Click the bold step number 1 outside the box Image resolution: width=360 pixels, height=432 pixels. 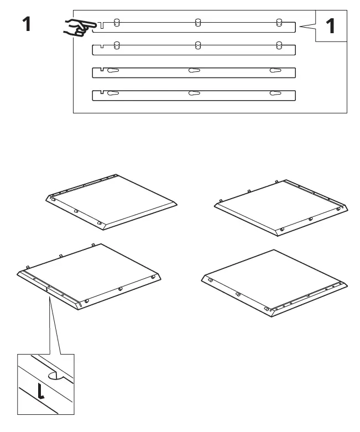click(26, 25)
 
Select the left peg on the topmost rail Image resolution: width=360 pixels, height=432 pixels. click(117, 23)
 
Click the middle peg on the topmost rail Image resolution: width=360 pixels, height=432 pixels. click(198, 23)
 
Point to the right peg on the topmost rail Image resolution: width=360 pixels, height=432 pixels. click(279, 23)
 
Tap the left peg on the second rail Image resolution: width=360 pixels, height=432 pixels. click(117, 45)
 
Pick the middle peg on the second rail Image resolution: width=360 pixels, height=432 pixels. click(198, 45)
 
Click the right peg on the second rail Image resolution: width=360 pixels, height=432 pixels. click(279, 45)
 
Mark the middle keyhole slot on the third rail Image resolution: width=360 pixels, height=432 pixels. click(194, 70)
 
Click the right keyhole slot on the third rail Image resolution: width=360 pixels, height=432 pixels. click(275, 70)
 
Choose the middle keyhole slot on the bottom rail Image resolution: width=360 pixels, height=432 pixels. click(194, 93)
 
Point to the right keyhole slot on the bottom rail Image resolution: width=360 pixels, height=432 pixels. click(275, 93)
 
